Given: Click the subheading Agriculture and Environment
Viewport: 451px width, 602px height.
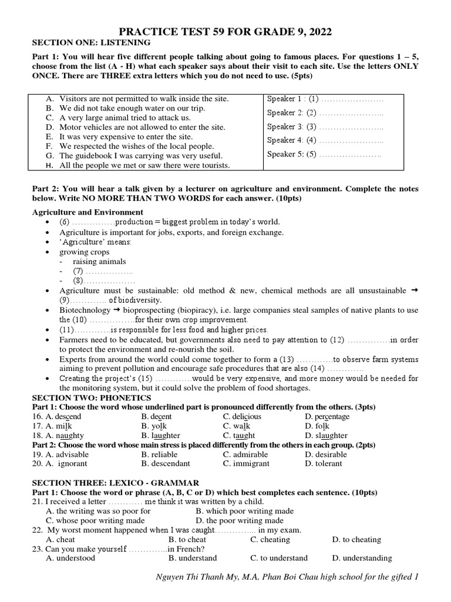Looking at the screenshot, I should click(x=87, y=212).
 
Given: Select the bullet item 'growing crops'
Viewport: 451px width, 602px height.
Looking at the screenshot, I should click(x=84, y=252).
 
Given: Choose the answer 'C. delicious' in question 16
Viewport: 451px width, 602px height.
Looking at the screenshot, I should click(x=242, y=416).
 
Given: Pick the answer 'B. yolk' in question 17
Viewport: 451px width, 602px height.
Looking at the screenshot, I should click(x=154, y=426).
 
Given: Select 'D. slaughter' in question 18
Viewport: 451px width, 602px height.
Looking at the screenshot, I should click(x=326, y=435).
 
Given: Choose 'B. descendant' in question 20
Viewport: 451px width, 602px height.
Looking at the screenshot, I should click(x=166, y=463).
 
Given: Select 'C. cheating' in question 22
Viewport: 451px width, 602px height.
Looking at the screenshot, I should click(x=270, y=539).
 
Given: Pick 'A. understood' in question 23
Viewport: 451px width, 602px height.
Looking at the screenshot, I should click(x=70, y=558).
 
